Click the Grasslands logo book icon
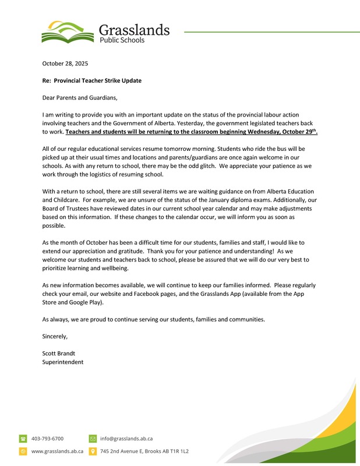[66, 32]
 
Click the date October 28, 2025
[65, 63]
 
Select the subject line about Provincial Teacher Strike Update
[92, 80]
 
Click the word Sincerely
[55, 336]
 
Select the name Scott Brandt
[59, 353]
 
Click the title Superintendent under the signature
[63, 362]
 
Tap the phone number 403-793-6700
[47, 438]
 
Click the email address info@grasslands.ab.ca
[126, 438]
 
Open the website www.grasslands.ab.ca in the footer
[57, 451]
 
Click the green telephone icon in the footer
[23, 438]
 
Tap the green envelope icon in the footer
[93, 438]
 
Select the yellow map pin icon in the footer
[93, 451]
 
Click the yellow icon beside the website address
[23, 451]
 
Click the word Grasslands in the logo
[134, 29]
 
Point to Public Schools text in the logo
[122, 41]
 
